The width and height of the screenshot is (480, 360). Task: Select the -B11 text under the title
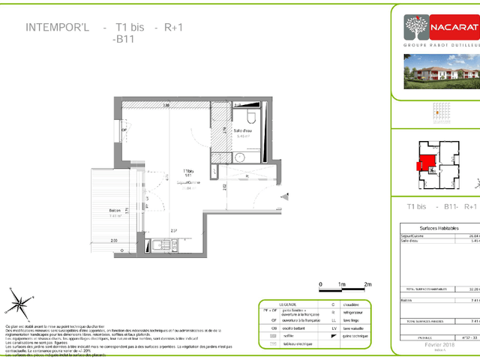pyautogui.click(x=122, y=39)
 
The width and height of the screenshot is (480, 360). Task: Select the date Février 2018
pyautogui.click(x=439, y=345)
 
